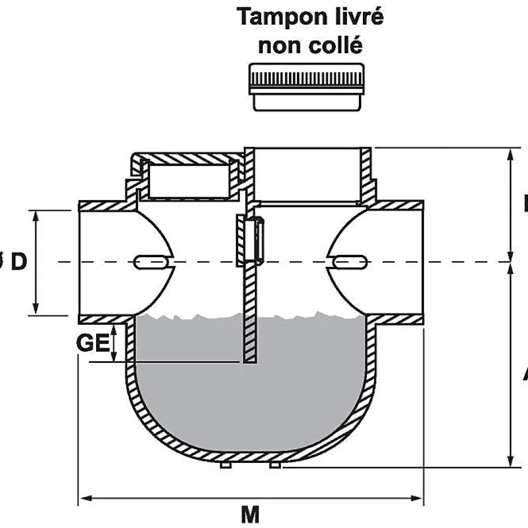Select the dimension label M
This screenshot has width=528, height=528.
point(250,514)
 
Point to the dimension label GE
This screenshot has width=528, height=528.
point(93,343)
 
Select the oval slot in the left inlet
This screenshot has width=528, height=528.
point(150,262)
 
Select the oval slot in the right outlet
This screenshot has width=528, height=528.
point(349,262)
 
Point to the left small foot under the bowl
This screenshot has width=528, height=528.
point(225,465)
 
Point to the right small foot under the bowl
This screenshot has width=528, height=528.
point(275,465)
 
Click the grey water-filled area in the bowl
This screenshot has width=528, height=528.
point(247,399)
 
